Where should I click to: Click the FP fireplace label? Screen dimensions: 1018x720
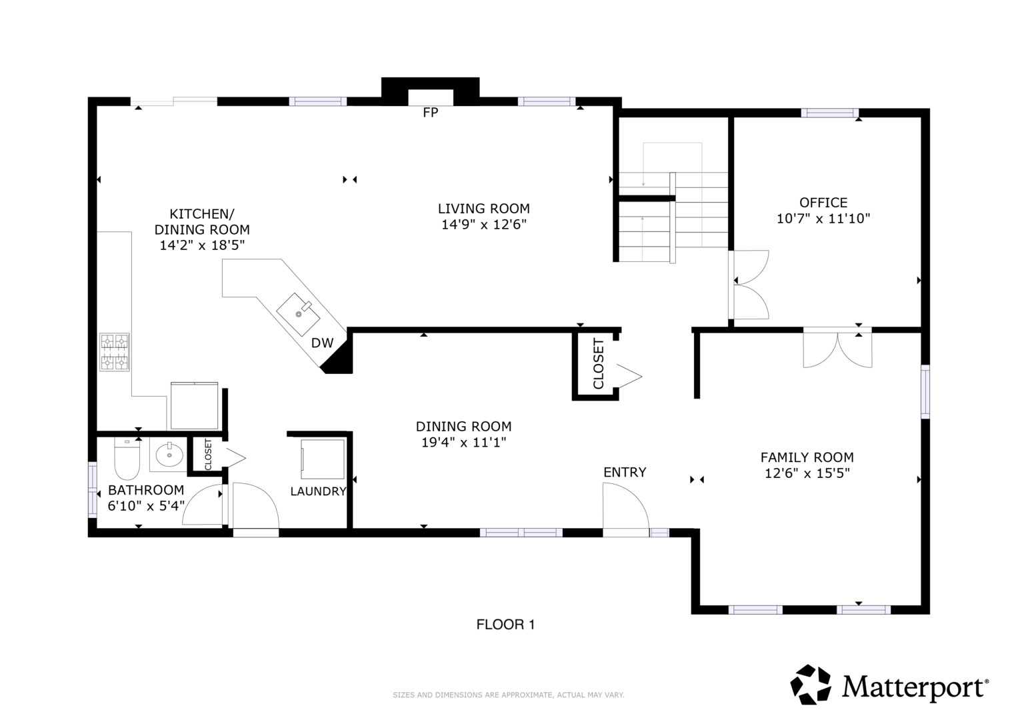pos(431,112)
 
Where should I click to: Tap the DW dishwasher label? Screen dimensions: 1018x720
pos(322,343)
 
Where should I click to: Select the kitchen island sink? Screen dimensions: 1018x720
pos(298,314)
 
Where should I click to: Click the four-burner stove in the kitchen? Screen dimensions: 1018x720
pos(115,352)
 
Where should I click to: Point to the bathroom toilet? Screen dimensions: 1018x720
pos(127,458)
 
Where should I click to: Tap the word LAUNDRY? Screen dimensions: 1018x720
pos(318,491)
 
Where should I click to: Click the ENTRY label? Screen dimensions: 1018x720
pos(625,472)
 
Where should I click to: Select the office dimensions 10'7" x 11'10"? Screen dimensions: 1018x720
pos(823,219)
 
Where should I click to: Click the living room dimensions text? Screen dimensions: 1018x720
pos(484,225)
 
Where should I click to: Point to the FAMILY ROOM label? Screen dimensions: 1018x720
pos(807,457)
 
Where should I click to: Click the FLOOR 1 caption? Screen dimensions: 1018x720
pos(505,625)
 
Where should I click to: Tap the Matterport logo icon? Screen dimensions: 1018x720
pos(811,685)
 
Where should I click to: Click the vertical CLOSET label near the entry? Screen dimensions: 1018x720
pos(599,363)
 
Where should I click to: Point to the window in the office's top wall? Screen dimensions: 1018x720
pos(830,113)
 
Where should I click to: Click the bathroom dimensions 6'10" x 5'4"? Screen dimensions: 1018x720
pos(146,506)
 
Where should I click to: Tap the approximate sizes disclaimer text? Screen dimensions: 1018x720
pos(509,695)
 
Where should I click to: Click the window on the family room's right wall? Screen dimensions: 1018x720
pos(925,391)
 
